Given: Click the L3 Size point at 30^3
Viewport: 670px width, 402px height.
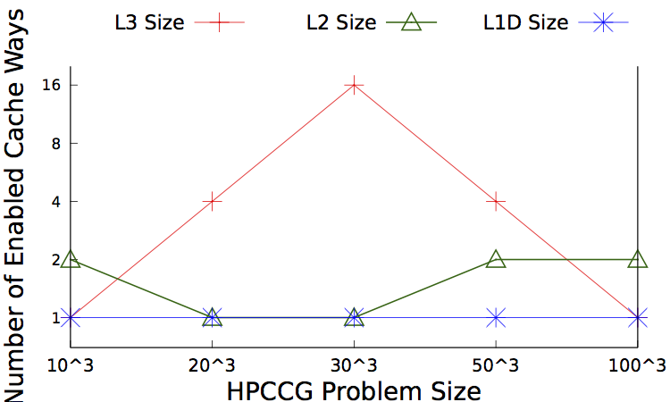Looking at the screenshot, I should tap(355, 85).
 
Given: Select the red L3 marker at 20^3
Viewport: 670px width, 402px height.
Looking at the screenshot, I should tap(213, 201).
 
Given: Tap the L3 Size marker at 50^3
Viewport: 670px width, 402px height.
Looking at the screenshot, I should tap(496, 201).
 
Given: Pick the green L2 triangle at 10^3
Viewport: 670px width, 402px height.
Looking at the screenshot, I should tap(71, 259).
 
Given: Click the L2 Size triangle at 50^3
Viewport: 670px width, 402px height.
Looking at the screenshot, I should tap(496, 259).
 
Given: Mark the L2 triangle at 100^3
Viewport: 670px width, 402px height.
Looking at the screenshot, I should tap(638, 259).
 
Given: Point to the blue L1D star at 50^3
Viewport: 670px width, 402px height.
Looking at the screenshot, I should tap(496, 317).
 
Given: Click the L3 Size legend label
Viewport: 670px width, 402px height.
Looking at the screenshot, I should tap(151, 23).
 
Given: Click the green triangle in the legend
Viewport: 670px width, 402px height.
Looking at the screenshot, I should tap(412, 23).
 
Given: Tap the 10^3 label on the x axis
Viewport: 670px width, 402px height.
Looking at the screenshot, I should tap(71, 364).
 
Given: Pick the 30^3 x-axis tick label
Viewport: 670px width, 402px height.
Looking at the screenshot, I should tap(355, 364).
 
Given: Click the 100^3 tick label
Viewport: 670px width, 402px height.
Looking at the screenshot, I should tap(638, 364).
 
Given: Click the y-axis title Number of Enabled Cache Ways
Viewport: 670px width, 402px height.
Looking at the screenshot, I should tap(20, 201).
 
